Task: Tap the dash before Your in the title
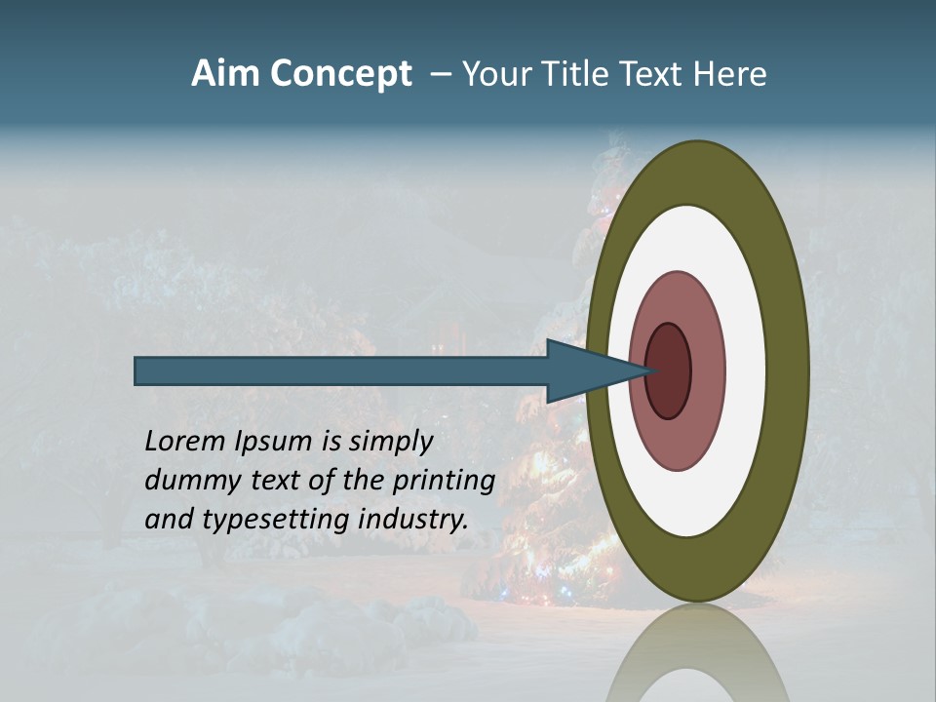pyautogui.click(x=440, y=75)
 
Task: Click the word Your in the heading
pyautogui.click(x=495, y=74)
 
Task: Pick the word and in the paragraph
pyautogui.click(x=169, y=520)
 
